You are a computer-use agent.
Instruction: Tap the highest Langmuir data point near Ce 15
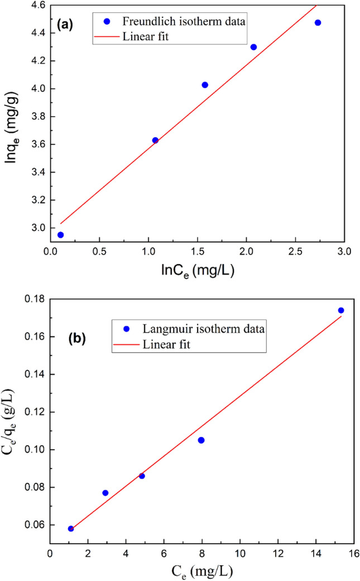click(x=341, y=310)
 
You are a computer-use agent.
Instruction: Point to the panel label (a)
click(x=66, y=25)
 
